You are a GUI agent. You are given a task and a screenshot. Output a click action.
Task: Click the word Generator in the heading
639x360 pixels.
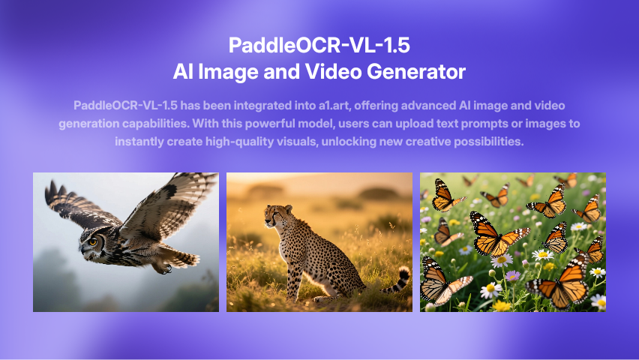[x=416, y=72]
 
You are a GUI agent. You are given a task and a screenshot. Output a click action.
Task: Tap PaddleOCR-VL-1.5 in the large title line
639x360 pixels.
[x=319, y=45]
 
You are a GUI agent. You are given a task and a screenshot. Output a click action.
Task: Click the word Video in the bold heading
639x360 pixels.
[x=333, y=71]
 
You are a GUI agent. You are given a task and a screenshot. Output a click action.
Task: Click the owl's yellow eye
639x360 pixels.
[x=93, y=242]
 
